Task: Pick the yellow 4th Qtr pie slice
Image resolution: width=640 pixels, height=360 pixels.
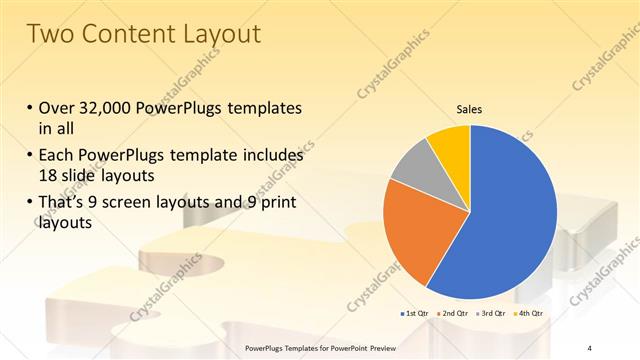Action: pos(451,144)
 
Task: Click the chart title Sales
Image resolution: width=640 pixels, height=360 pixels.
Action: pos(470,108)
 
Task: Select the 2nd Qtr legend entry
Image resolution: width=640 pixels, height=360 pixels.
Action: pos(455,314)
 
